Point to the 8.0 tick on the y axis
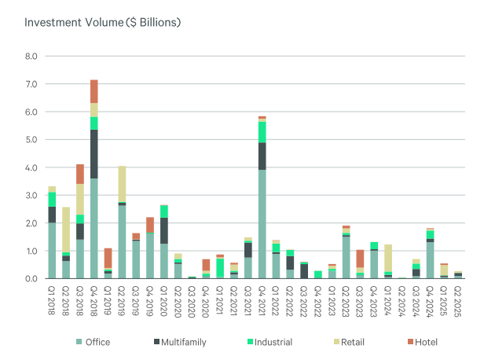31,57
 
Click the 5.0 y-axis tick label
31,140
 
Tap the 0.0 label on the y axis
31,278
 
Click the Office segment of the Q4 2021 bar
262,224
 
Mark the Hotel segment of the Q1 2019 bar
108,259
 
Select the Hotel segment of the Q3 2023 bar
360,259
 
